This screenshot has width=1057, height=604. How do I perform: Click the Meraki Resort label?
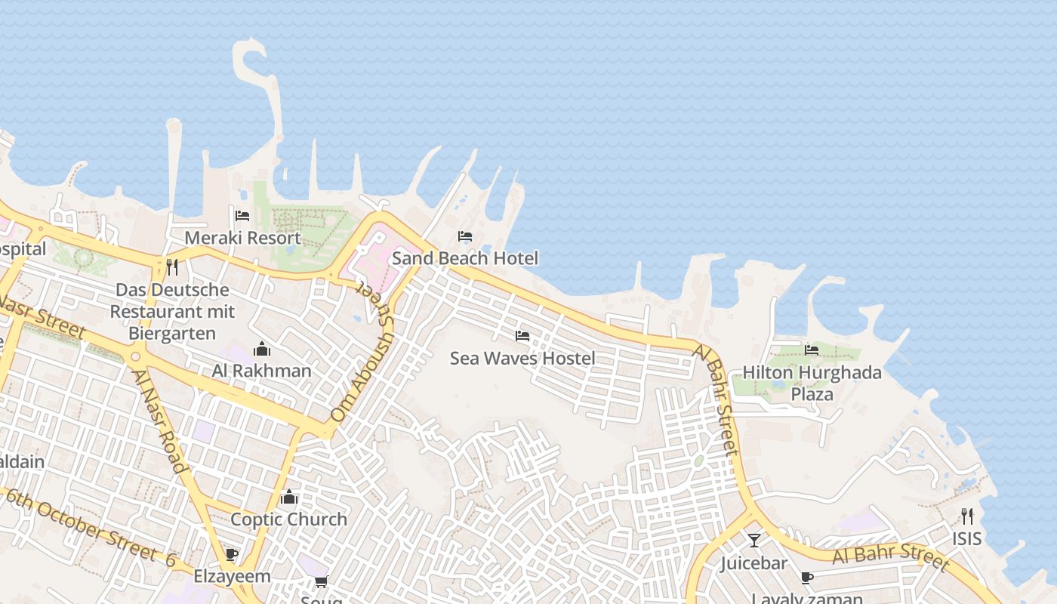point(242,238)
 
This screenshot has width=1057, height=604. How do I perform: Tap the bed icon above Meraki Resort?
point(242,216)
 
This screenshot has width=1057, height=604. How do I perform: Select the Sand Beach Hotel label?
point(464,258)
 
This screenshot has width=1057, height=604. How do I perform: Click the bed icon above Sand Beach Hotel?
point(465,236)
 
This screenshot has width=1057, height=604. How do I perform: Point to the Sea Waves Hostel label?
point(522,358)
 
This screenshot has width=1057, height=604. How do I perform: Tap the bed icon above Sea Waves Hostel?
point(522,335)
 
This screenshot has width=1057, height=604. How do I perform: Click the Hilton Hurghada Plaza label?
point(812,383)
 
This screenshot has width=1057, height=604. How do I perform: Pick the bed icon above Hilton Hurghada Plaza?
point(812,350)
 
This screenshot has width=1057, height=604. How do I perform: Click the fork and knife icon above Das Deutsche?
point(172,267)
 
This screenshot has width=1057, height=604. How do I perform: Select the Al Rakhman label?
point(262,371)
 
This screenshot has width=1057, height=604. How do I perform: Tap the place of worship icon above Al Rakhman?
point(262,349)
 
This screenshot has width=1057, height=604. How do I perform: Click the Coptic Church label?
point(288,519)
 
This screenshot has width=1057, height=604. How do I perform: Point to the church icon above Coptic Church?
point(288,497)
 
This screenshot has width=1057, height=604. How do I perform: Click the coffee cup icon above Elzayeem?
point(232,555)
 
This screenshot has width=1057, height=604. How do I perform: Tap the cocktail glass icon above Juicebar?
point(753,541)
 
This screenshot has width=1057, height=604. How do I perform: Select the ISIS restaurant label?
point(966,538)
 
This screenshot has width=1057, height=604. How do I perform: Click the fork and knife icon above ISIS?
point(966,516)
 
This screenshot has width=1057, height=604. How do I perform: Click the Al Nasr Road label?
point(159,421)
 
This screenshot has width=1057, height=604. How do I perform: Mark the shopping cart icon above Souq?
point(321,581)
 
